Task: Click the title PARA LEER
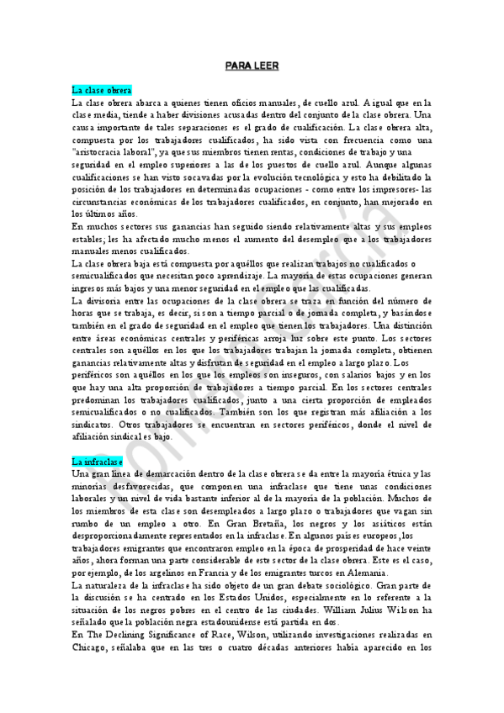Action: (251, 65)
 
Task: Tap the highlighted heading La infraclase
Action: (97, 462)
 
